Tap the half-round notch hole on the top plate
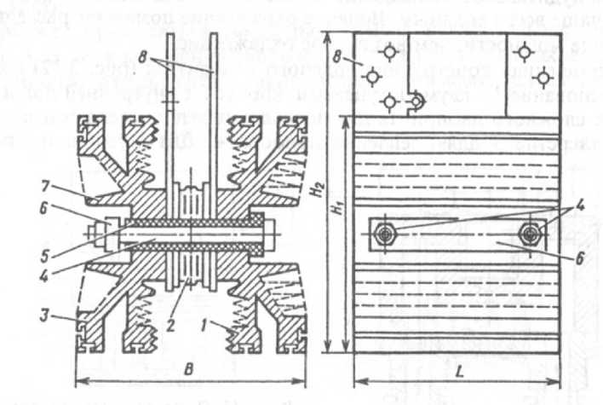pyautogui.click(x=416, y=101)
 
